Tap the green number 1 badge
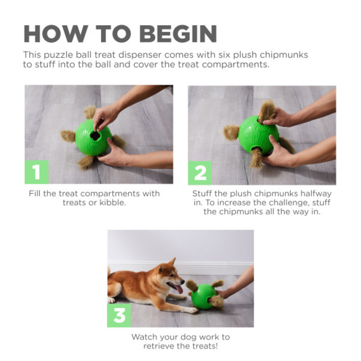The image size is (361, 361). pyautogui.click(x=36, y=172)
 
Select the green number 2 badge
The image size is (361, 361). pyautogui.click(x=200, y=173)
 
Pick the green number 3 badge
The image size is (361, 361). pyautogui.click(x=119, y=315)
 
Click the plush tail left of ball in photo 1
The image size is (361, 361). pyautogui.click(x=68, y=136)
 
